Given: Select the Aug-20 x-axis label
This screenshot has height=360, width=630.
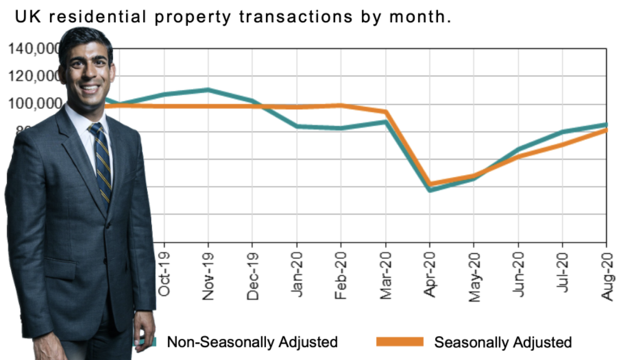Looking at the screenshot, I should point(607,275).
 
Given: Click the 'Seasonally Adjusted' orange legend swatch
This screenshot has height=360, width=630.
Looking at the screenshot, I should point(399,342).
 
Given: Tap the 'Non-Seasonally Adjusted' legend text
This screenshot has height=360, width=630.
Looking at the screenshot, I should point(252,342).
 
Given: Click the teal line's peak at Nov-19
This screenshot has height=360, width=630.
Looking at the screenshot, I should point(208,90).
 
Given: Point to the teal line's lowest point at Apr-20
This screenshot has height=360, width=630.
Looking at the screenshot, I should point(430,190).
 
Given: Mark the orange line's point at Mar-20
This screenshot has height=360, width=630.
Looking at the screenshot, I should point(386,111).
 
